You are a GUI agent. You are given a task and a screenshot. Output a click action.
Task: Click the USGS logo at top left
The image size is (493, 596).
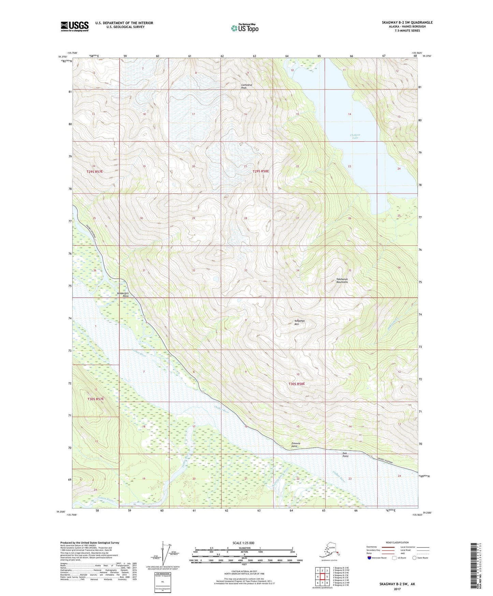tap(74, 26)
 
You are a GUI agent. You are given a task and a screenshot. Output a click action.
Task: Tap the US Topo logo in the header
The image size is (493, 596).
tap(244, 28)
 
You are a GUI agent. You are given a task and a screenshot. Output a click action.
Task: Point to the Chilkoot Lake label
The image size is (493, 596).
tap(355, 136)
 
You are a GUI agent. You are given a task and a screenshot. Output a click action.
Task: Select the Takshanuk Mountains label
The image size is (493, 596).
tap(342, 281)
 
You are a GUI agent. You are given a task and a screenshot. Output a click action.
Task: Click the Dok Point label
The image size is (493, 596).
tap(345, 455)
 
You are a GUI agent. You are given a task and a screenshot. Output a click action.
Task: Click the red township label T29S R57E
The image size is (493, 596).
tap(95, 171)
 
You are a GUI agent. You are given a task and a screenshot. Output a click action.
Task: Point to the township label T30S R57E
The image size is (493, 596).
tap(95, 399)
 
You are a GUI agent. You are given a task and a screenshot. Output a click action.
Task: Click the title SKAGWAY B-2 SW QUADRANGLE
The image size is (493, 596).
tap(407, 23)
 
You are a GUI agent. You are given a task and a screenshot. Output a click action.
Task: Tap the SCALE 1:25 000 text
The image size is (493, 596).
tap(244, 543)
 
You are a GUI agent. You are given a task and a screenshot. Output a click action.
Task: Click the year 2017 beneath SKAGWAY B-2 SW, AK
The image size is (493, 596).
tap(397, 589)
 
